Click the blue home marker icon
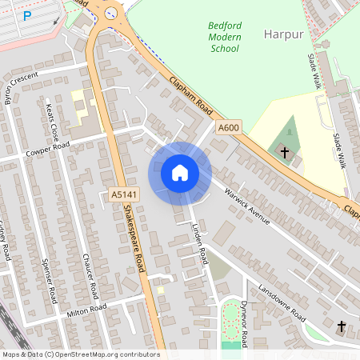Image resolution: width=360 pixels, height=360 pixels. [x=180, y=173]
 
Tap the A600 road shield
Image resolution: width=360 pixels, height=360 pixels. [x=229, y=127]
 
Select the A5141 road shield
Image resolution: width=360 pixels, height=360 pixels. [x=123, y=194]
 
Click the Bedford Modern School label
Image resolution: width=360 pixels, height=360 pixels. [x=225, y=38]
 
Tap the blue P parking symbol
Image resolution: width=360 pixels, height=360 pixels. [x=27, y=15]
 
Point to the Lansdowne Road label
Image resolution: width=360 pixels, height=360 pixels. [x=282, y=301]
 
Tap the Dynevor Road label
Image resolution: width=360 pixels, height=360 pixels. [x=245, y=323]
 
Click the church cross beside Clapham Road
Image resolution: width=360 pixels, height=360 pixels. [x=283, y=151]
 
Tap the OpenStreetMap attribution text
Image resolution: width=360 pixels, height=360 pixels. [x=80, y=354]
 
